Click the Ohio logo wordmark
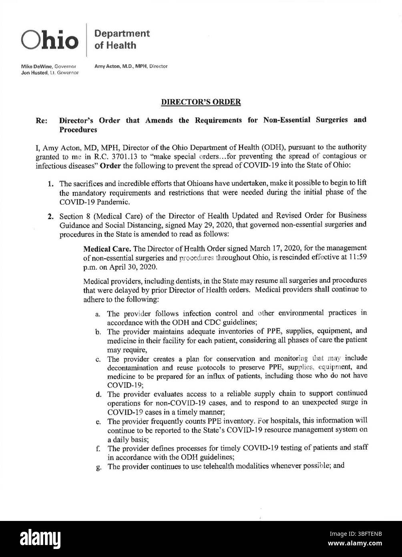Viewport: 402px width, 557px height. (50, 40)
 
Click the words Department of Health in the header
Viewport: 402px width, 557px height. (122, 39)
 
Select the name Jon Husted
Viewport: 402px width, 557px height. (34, 73)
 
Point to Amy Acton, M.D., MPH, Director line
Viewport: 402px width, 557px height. (131, 66)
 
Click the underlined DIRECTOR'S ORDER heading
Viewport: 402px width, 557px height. (201, 102)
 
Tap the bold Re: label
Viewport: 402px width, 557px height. (41, 120)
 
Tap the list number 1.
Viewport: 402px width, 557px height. (51, 184)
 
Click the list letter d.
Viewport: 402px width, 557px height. (98, 394)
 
